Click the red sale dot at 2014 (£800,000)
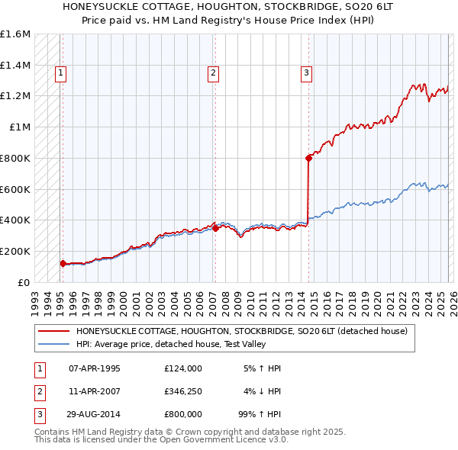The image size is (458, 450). click(x=309, y=158)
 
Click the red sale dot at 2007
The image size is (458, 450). click(x=215, y=227)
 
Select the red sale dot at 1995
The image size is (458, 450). click(x=62, y=263)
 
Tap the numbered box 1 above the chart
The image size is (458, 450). click(x=60, y=73)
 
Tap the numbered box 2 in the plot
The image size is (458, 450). click(x=212, y=73)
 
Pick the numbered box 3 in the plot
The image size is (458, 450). click(x=306, y=73)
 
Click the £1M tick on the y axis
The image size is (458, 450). click(x=19, y=127)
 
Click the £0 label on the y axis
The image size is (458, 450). click(x=23, y=282)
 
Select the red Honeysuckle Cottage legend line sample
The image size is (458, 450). click(x=53, y=332)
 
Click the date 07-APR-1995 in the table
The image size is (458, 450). click(x=95, y=368)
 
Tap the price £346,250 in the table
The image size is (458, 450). click(x=182, y=391)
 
